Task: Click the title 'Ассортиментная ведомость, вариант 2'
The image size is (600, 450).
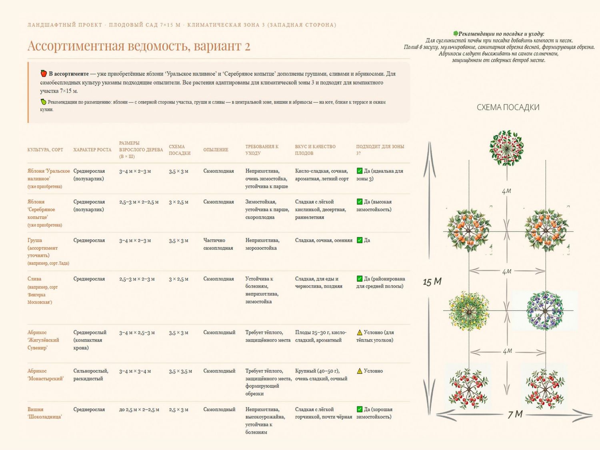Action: click(x=139, y=46)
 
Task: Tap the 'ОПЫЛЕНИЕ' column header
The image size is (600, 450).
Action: click(x=216, y=150)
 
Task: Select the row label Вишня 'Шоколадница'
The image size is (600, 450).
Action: click(x=45, y=413)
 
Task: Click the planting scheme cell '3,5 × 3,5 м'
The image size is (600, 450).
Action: click(x=180, y=371)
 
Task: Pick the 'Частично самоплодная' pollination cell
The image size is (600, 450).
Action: click(x=218, y=244)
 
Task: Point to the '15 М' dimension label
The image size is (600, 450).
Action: click(x=432, y=282)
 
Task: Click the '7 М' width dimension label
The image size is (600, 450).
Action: click(x=515, y=414)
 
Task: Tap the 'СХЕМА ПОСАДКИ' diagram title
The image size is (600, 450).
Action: click(x=508, y=107)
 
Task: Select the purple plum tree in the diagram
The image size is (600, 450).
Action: click(x=545, y=311)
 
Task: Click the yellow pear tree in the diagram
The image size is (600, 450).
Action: click(x=469, y=311)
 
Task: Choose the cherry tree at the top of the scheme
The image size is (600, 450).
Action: click(x=506, y=148)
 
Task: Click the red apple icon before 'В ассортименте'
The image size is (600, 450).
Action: click(x=44, y=73)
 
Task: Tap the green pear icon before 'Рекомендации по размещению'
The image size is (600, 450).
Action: click(x=44, y=102)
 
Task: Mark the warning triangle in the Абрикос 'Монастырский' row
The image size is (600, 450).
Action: click(x=360, y=371)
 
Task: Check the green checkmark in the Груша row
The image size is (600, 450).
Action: click(x=360, y=240)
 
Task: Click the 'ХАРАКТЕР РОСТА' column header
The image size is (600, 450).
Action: click(x=92, y=150)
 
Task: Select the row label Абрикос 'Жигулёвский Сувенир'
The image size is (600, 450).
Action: click(x=44, y=340)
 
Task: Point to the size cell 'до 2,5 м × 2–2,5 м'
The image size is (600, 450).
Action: click(x=139, y=410)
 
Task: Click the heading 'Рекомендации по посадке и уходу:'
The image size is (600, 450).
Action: click(x=501, y=34)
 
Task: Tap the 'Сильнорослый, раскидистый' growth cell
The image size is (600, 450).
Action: click(x=91, y=375)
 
